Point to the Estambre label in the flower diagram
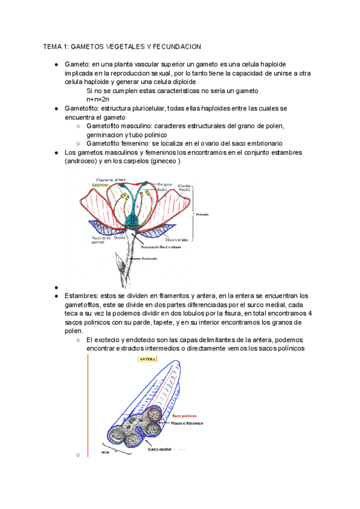[x=103, y=185]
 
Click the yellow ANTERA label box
[x=148, y=360]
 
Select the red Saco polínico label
[x=185, y=415]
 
